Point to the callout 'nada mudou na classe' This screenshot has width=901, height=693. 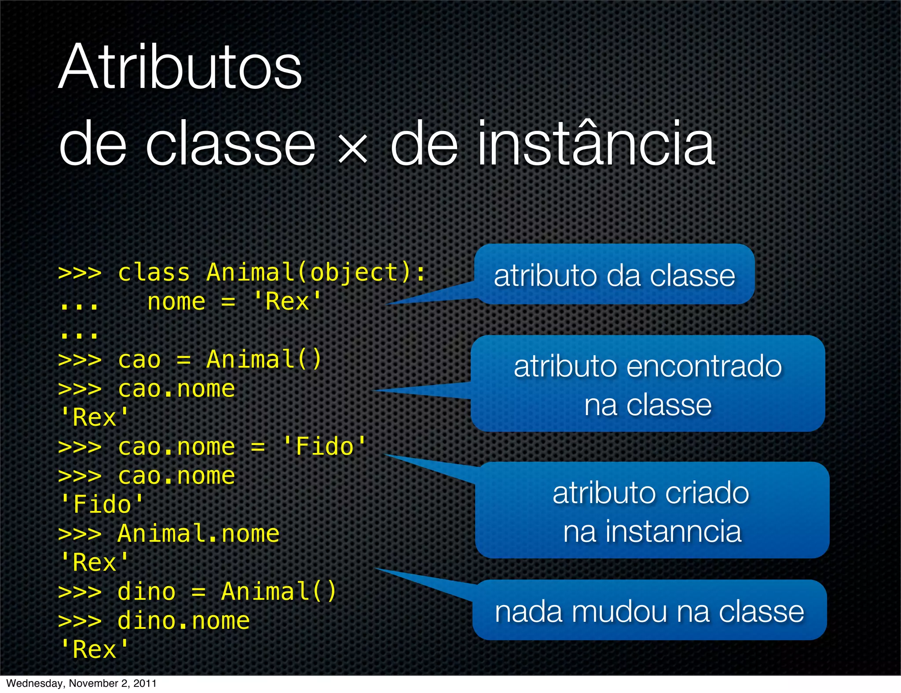click(x=649, y=611)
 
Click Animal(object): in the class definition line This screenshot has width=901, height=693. click(x=316, y=273)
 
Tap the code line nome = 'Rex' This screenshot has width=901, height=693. click(x=234, y=302)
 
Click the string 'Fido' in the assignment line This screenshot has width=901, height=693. click(x=324, y=447)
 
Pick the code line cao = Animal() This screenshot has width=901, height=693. click(x=220, y=360)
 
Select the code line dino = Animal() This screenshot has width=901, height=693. click(x=227, y=591)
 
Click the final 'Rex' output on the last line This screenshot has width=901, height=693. click(x=94, y=649)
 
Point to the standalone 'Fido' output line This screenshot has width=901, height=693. click(x=101, y=504)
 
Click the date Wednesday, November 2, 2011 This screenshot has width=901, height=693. click(x=81, y=683)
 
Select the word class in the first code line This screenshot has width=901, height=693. click(x=154, y=273)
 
